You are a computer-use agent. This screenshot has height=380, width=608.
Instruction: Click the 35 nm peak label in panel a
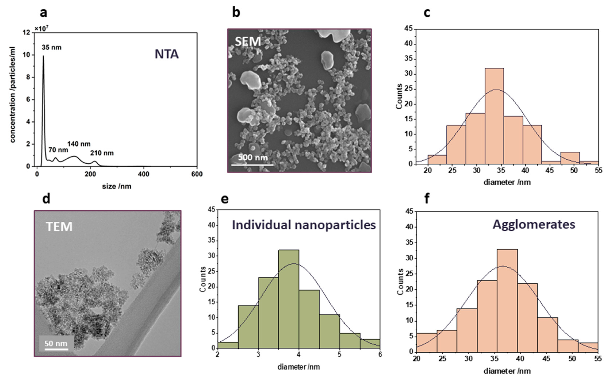tap(52, 47)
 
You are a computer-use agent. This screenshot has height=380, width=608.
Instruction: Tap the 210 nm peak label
tap(102, 153)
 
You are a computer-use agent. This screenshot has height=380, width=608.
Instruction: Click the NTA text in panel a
tap(166, 54)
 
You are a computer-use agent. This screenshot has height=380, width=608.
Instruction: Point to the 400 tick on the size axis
tap(144, 174)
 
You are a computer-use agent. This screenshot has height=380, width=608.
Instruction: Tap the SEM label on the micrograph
tap(248, 41)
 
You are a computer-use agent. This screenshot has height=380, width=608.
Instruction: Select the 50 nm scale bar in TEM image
tap(56, 349)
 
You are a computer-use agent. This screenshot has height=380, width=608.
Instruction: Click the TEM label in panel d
tap(59, 226)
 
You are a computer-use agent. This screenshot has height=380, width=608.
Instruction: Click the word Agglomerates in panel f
tap(534, 224)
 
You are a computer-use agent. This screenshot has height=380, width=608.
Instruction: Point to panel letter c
tap(427, 13)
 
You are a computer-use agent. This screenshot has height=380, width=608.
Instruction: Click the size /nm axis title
tap(117, 186)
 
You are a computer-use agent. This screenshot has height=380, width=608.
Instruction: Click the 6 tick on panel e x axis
tap(380, 355)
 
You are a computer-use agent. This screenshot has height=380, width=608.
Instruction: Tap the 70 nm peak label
tap(58, 150)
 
